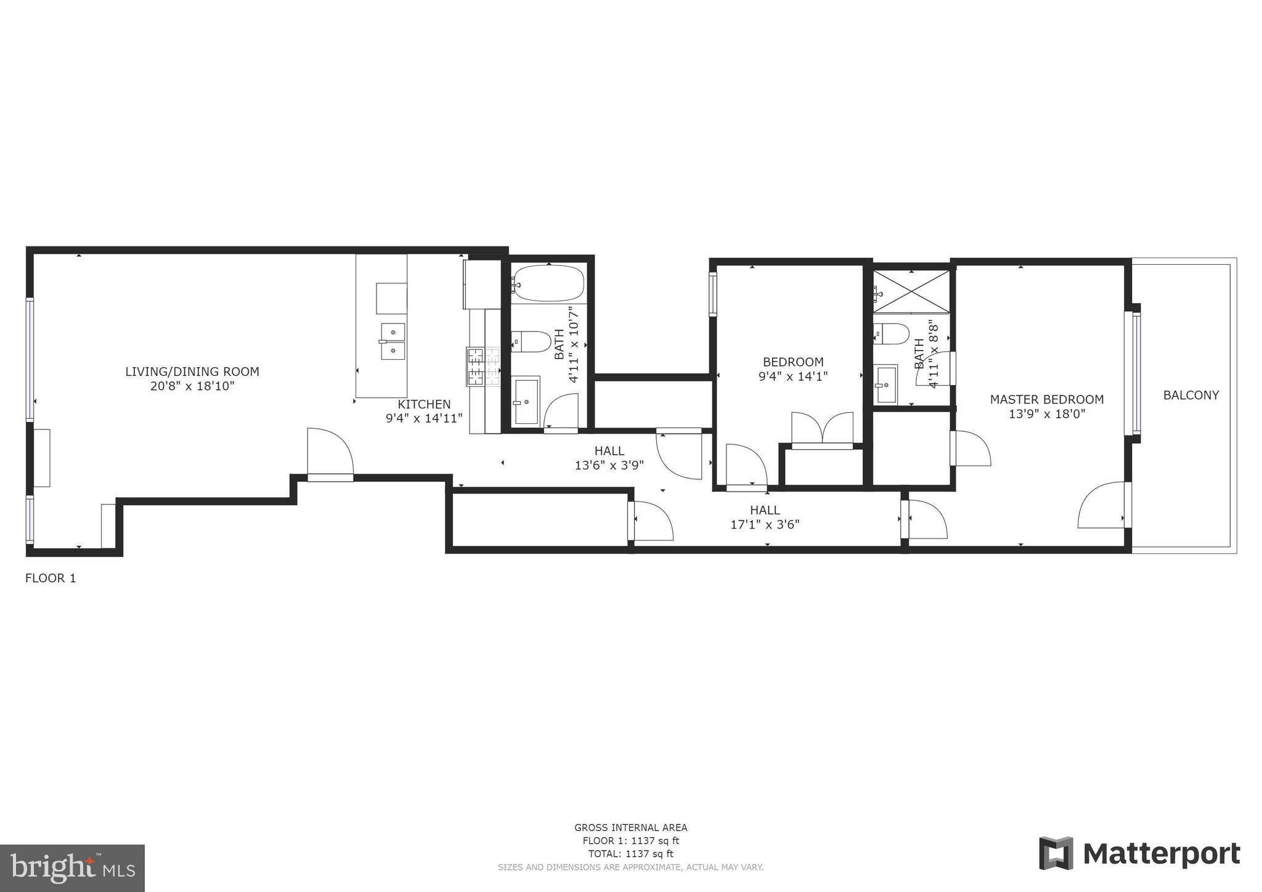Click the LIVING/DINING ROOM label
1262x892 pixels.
[192, 371]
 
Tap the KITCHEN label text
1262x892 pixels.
[424, 404]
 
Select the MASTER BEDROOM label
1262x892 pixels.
[1046, 399]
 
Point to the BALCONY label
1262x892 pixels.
[1191, 395]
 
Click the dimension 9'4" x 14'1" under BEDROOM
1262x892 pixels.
[792, 376]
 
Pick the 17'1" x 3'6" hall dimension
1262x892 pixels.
[765, 525]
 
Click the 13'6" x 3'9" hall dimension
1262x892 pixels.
[609, 466]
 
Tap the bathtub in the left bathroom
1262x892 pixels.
[547, 284]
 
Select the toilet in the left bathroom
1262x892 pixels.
[530, 341]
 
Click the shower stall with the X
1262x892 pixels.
[911, 291]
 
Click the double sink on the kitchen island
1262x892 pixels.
[393, 341]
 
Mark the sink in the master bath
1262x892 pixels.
[886, 384]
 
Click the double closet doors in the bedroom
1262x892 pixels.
[822, 429]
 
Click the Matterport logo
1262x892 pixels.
[1139, 854]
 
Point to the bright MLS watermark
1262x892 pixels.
[72, 868]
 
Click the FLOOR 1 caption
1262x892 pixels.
[51, 578]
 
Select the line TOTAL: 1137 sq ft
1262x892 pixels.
[630, 854]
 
